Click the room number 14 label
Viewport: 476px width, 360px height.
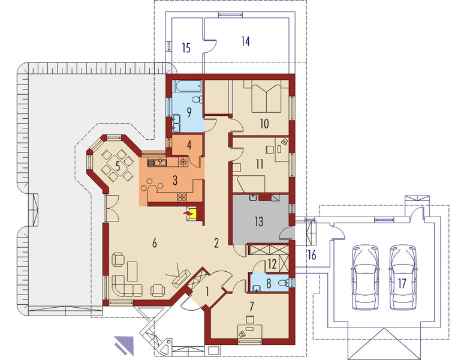click(x=245, y=41)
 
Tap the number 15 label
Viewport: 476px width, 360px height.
click(x=186, y=48)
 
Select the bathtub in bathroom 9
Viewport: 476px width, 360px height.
click(x=187, y=86)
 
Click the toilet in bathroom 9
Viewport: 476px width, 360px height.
click(x=198, y=99)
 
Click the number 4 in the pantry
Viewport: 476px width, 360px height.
click(x=189, y=145)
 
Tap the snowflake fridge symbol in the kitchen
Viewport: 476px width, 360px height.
click(x=183, y=162)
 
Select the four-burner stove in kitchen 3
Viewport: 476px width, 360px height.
click(x=182, y=197)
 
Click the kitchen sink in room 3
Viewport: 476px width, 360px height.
click(x=157, y=163)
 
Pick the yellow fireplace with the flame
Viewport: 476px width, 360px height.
click(x=192, y=214)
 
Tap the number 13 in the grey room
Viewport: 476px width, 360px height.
click(x=258, y=222)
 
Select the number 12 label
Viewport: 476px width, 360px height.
click(x=272, y=264)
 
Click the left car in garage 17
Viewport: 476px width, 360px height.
click(x=366, y=278)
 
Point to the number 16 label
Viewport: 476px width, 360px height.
click(x=312, y=255)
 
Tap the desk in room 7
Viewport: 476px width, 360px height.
click(x=249, y=331)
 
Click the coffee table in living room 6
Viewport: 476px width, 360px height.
click(x=132, y=271)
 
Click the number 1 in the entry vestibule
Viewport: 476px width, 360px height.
click(x=207, y=292)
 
